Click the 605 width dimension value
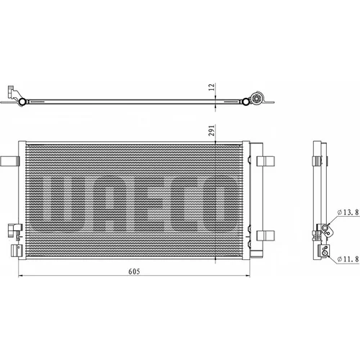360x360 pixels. (134, 271)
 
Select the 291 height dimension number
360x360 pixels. (212, 130)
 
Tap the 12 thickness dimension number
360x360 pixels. (212, 87)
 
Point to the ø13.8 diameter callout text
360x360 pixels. (348, 212)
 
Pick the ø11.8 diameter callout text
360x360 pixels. (348, 259)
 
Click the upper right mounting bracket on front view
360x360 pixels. (266, 161)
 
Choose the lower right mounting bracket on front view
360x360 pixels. (266, 235)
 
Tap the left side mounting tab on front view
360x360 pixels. (10, 161)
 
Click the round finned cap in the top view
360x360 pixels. (256, 98)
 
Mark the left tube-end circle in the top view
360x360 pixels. (22, 102)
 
